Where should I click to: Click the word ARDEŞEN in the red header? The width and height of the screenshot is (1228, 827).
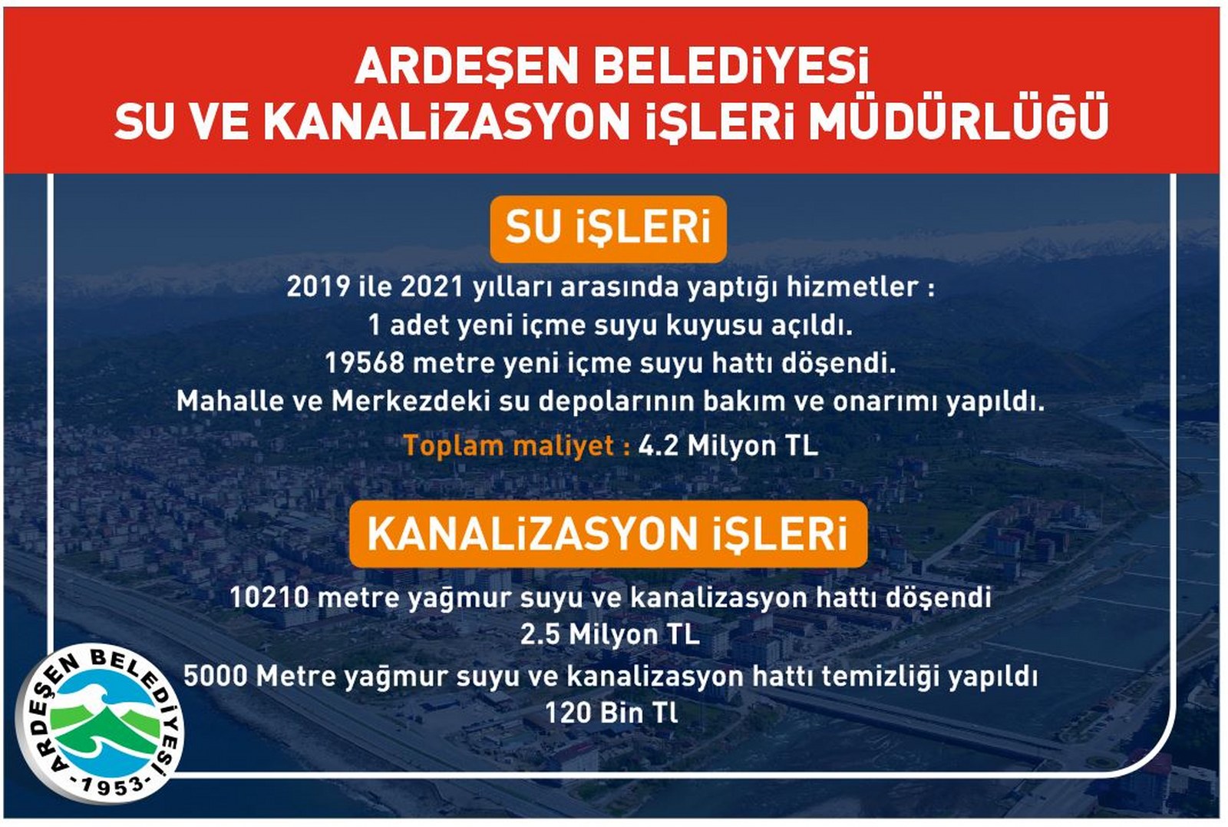click(x=466, y=68)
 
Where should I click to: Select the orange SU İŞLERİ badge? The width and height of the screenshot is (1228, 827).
click(x=608, y=228)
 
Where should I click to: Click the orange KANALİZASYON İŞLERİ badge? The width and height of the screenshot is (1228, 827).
click(x=608, y=534)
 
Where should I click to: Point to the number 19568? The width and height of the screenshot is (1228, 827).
click(x=364, y=362)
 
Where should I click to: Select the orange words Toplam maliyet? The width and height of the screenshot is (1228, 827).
click(x=509, y=445)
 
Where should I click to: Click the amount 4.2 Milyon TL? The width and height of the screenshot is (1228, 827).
click(x=728, y=445)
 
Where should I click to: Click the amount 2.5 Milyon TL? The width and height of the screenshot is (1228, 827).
click(x=610, y=635)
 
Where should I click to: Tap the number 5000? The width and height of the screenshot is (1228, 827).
click(x=215, y=676)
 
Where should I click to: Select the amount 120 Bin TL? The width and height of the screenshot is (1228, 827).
click(x=612, y=713)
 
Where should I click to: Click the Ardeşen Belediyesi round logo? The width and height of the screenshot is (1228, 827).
click(x=101, y=723)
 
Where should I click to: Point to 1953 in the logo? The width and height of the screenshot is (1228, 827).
click(x=112, y=785)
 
